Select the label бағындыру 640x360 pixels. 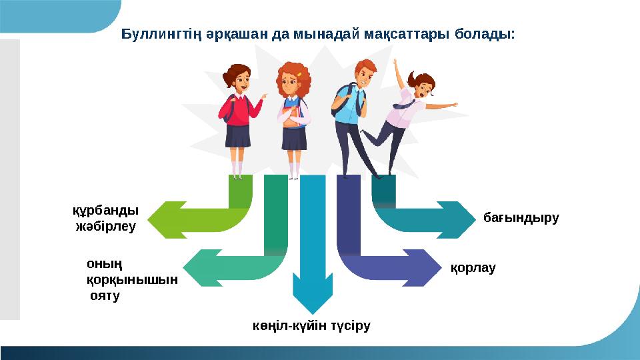pos(521,217)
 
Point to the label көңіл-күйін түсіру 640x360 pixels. pos(311,326)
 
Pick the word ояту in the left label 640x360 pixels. pos(105,295)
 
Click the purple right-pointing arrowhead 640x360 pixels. pos(427,267)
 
